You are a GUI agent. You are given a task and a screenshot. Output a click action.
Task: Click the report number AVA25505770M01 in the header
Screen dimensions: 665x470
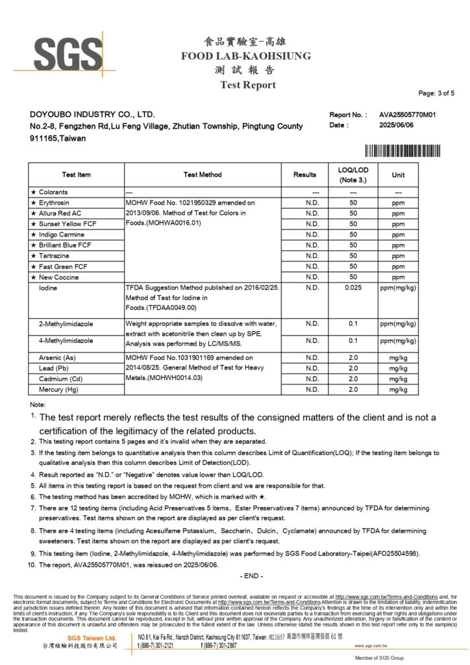coord(407,114)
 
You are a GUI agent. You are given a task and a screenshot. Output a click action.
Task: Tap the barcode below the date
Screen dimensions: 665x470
coord(402,152)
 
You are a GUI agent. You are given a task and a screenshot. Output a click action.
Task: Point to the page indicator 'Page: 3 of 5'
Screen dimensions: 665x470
coord(436,94)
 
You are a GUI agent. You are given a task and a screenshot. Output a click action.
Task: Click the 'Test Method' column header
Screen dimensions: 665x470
coord(203,175)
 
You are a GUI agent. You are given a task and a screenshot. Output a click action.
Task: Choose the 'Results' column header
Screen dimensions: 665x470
coord(304,175)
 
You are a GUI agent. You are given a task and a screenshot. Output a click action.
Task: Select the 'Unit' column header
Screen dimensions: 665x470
coord(398,175)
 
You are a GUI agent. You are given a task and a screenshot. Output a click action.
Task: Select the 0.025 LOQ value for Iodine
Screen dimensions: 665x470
coord(353,288)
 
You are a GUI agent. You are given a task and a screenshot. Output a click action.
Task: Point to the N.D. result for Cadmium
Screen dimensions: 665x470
coord(312,379)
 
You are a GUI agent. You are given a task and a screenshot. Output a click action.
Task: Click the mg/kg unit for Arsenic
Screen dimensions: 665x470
coord(398,358)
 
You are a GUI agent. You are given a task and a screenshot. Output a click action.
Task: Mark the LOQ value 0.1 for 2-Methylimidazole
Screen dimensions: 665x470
coord(353,323)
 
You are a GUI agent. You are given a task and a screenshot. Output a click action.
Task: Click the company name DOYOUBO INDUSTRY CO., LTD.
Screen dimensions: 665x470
coord(92,114)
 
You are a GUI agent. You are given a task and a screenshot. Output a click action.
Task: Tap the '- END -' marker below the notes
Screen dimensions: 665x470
coord(251,576)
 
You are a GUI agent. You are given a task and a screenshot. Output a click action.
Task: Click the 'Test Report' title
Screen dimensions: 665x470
coord(247,85)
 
